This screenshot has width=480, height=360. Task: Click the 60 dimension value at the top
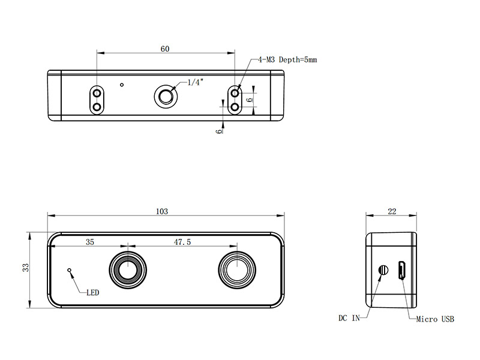point(164,49)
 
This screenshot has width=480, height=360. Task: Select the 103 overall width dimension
point(161,211)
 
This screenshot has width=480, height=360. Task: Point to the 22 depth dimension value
point(392,211)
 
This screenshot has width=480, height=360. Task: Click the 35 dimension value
point(90,242)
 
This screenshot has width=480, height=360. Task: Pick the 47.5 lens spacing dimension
point(182,242)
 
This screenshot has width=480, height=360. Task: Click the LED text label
point(93,293)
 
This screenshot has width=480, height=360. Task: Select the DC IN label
point(349,319)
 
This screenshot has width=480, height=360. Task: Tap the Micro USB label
point(435,319)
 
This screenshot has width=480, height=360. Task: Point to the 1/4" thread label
point(196,82)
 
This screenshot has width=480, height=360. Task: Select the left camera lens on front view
point(127,270)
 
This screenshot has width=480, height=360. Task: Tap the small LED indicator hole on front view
point(70,270)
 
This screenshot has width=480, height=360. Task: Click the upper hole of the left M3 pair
point(96,93)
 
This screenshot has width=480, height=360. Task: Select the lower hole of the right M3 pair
point(236,106)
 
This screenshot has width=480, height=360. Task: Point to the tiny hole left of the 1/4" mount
point(122,85)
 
